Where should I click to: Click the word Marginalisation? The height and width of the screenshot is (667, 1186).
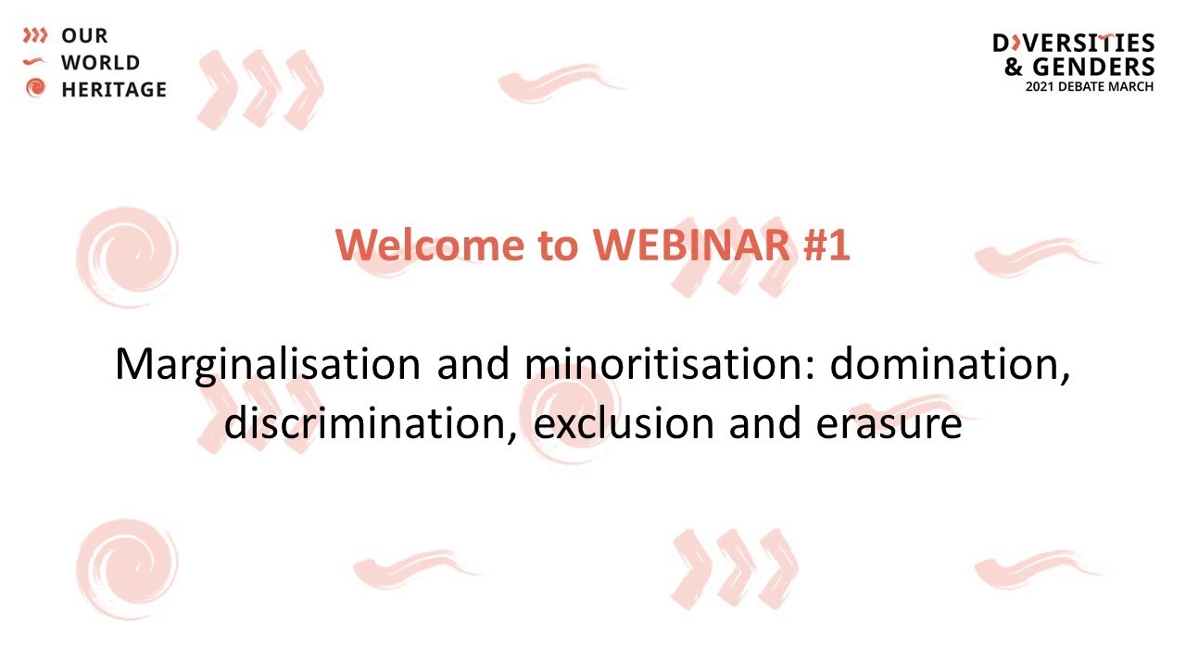pos(267,365)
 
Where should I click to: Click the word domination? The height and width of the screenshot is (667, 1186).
pos(951,365)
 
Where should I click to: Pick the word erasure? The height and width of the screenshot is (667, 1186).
pos(889,423)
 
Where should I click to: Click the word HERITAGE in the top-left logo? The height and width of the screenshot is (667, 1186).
pos(114,90)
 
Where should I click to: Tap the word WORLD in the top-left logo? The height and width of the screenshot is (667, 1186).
pos(100,63)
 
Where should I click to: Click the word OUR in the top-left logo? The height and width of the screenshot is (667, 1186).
pos(84,36)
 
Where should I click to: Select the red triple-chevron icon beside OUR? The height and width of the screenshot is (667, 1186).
pos(35,36)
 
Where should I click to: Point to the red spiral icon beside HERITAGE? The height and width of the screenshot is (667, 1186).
pos(35,89)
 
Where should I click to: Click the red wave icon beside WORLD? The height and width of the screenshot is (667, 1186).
pos(35,62)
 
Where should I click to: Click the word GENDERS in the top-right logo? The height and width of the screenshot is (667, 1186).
pos(1093,67)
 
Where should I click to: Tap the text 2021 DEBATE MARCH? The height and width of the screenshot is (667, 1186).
pos(1089,86)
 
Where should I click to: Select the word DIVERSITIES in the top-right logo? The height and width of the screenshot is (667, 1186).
pos(1073,44)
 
